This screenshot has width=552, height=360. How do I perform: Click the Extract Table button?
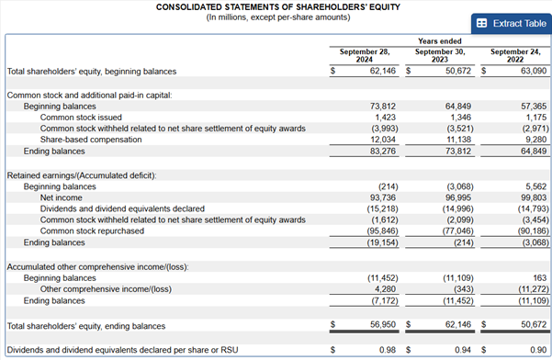(x=512, y=24)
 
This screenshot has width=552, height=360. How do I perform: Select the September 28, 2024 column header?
(x=365, y=56)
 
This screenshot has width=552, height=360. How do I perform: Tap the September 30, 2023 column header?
(x=440, y=56)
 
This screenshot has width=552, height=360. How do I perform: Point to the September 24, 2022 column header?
(x=515, y=56)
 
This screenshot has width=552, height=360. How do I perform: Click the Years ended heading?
(x=440, y=41)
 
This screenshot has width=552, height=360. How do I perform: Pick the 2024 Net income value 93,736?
(x=383, y=197)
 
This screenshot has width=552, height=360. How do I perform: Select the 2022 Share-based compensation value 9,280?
(x=535, y=140)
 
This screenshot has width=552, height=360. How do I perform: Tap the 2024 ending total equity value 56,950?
(x=383, y=324)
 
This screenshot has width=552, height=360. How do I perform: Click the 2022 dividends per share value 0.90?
(x=538, y=350)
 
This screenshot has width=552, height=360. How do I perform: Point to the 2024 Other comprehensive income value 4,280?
(x=385, y=289)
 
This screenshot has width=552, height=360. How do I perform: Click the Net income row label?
(x=61, y=197)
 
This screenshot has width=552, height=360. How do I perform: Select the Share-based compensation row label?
(x=91, y=140)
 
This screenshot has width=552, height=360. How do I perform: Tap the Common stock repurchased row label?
(x=92, y=231)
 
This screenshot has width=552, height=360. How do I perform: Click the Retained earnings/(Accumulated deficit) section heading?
(x=82, y=175)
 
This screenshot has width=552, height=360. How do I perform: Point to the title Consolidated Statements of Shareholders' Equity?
(x=278, y=7)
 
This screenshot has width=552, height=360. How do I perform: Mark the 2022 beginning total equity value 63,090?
(x=534, y=71)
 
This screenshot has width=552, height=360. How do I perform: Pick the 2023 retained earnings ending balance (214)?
(x=464, y=242)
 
